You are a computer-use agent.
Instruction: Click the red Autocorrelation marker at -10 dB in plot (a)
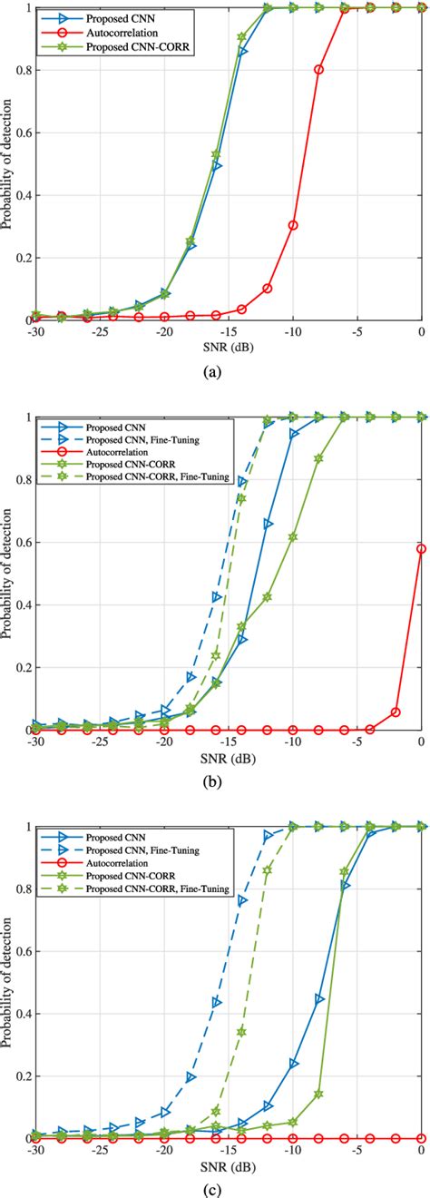point(293,225)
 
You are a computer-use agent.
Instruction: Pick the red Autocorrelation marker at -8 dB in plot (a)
point(318,69)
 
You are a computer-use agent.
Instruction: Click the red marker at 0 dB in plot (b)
point(421,548)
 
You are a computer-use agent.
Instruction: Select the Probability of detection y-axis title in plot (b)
point(8,573)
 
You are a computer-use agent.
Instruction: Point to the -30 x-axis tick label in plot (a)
point(35,332)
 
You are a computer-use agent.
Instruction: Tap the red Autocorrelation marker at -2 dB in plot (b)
point(396,712)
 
